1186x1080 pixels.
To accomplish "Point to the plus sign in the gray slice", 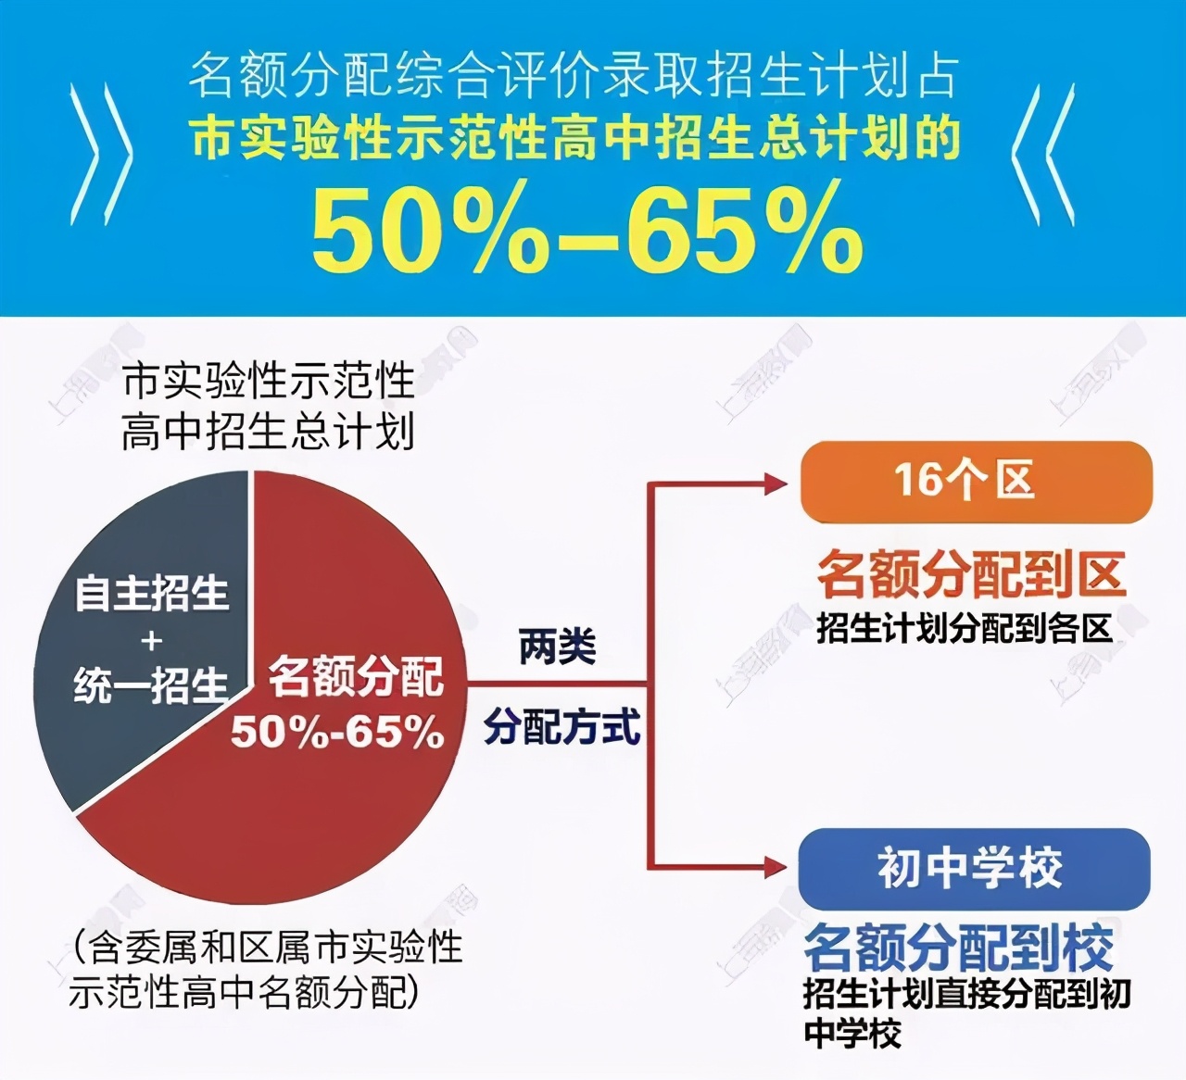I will coord(151,640).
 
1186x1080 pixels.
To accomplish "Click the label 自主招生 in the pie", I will coord(151,593).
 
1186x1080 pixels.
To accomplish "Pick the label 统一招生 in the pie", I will coord(151,686).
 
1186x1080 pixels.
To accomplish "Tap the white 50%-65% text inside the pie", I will coord(337,733).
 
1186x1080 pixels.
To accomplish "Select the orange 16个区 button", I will coord(976,482).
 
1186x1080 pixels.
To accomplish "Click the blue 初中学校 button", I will coord(973,869).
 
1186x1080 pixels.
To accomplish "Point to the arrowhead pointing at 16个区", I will coord(775,483).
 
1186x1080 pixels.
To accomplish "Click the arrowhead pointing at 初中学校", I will coord(774,868).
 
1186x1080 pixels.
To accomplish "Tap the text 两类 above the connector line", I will coord(557,646).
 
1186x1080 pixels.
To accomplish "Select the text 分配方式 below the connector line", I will coord(561,727).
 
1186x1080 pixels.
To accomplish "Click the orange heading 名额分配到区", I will coord(971,575).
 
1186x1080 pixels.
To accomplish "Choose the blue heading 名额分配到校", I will coord(959,947).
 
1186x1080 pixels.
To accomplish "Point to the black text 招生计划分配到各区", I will coord(964,629).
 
